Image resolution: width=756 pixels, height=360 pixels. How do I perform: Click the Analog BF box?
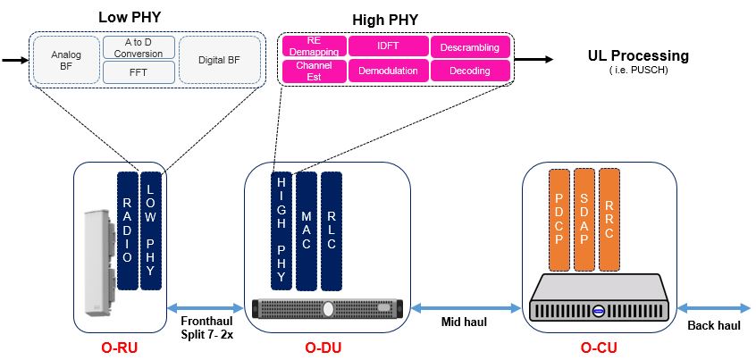65,60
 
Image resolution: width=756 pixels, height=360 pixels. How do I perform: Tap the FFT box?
139,72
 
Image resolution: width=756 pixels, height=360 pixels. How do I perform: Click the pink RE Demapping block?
312,46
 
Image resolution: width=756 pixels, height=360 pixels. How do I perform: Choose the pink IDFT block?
388,46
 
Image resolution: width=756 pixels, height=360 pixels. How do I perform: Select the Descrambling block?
471,46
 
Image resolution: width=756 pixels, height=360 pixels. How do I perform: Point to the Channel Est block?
312,71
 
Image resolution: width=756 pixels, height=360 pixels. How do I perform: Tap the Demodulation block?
388,71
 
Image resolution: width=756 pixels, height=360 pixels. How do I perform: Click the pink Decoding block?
471,71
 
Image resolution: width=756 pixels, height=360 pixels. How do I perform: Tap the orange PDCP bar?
559,219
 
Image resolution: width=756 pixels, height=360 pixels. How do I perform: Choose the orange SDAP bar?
584,219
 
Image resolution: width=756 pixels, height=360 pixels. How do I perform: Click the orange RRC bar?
610,219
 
